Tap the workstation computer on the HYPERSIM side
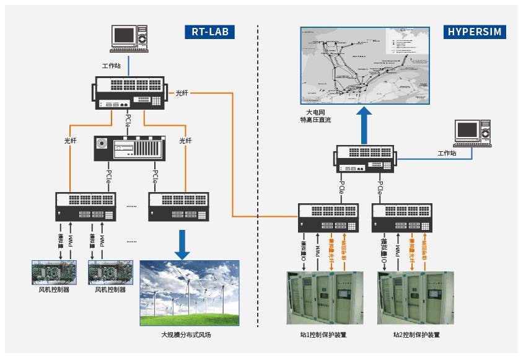click(473, 134)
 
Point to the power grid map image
click(364, 65)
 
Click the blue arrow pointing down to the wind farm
click(182, 244)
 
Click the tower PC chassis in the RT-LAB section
click(129, 149)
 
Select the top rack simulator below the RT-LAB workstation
click(129, 93)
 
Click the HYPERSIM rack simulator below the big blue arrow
click(365, 159)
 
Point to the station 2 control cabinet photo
click(416, 298)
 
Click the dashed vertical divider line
click(258, 186)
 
